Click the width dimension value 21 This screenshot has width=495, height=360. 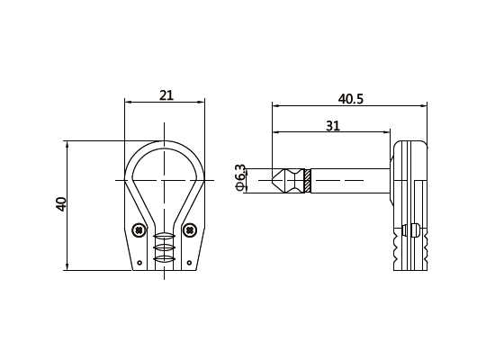pos(166,94)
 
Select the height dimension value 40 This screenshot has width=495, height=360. pos(61,203)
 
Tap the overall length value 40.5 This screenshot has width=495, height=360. pos(350,98)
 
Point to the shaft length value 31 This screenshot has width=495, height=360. pos(332,126)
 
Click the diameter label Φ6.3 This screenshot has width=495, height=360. pos(240,177)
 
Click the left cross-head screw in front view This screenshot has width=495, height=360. pos(138,230)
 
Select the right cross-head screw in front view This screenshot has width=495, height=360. pos(190,230)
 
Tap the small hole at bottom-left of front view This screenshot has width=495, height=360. pos(139,263)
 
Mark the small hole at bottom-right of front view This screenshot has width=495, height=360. pos(189,263)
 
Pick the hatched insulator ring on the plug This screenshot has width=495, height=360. pos(307,181)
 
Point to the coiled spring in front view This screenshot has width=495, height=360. pos(164,248)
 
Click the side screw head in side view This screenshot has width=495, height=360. pos(413,229)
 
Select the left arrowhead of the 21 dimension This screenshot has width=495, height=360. pos(127,103)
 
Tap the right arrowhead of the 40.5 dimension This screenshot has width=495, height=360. pos(427,106)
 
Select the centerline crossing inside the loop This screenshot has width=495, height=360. pos(164,181)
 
